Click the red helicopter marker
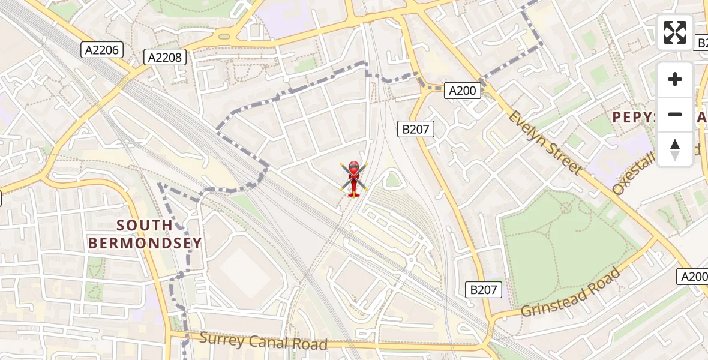pos(353,178)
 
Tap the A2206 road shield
pos(102,50)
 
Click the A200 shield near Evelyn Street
pos(463,91)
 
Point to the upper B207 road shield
pos(415,128)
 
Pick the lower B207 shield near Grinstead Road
pos(484,290)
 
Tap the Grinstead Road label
pos(571,293)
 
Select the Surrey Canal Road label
pos(263,341)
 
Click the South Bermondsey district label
pos(145,234)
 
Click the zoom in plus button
pos(675,79)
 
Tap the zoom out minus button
pos(675,114)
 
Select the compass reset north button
pos(675,149)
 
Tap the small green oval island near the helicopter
pos(392,179)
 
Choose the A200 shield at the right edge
pos(693,277)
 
